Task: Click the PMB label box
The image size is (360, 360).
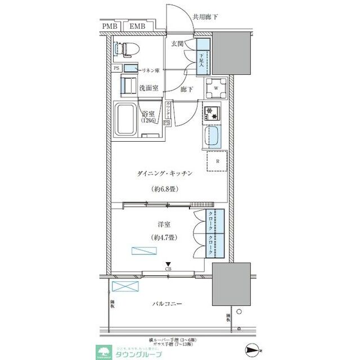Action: point(111,26)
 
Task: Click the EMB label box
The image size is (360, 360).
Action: point(138,26)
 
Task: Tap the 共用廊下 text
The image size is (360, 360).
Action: point(205,17)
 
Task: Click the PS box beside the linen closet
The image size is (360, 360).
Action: point(116,69)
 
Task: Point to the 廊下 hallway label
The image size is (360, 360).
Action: point(187,89)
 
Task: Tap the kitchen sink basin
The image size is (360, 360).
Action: point(214,136)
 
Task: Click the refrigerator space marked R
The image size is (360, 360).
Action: point(216,161)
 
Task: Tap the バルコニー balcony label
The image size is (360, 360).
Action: point(166,304)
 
